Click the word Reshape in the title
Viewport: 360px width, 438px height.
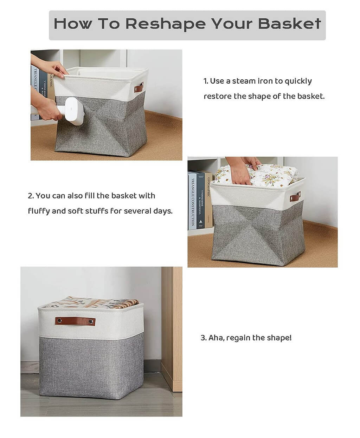tap(165, 24)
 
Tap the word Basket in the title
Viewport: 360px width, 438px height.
tap(289, 24)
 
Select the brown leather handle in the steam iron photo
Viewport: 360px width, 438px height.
tap(139, 87)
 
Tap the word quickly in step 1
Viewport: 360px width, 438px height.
tap(298, 81)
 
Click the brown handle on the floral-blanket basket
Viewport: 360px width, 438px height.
tap(295, 197)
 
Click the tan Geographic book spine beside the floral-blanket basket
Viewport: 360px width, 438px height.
tap(209, 198)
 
